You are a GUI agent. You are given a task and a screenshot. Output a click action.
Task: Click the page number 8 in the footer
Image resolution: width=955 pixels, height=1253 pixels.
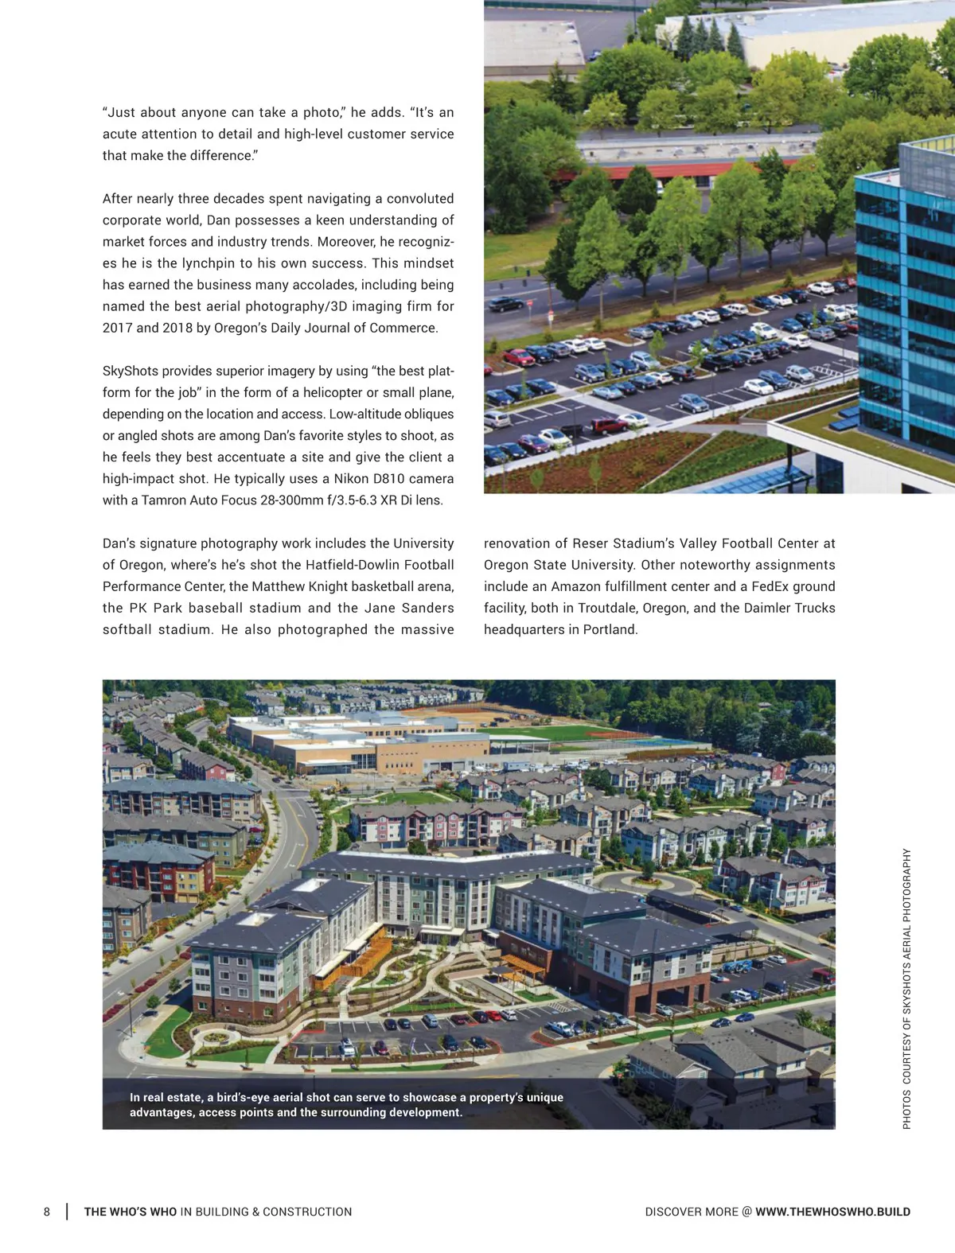[47, 1212]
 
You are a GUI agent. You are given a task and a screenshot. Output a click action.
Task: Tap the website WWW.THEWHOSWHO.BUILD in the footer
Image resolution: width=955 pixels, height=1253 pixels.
[832, 1212]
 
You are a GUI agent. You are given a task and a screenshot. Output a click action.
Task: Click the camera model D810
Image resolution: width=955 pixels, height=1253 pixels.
[388, 478]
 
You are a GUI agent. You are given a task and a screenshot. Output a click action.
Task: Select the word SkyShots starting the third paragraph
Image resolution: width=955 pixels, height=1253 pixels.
[130, 371]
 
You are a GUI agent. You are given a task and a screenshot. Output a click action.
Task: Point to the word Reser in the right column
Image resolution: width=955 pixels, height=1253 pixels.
[591, 543]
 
